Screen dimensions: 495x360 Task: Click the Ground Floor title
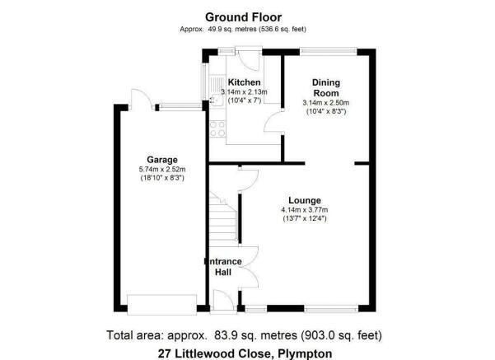[x=244, y=17]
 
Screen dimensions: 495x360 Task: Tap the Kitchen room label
[x=244, y=82]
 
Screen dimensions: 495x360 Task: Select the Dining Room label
[x=326, y=88]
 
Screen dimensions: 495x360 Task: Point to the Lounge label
[x=305, y=200]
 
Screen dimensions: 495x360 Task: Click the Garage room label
[x=162, y=160]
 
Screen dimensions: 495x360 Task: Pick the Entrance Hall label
[x=223, y=267]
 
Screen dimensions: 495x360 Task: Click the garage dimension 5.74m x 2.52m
[x=162, y=170]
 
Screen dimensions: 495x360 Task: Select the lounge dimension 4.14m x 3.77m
[x=305, y=210]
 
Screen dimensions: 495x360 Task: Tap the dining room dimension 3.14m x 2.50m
[x=326, y=103]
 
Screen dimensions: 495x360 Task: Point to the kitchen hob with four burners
[x=217, y=129]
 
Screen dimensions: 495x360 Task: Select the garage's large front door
[x=161, y=304]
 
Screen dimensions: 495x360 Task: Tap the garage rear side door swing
[x=142, y=100]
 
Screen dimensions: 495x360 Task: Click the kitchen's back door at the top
[x=249, y=60]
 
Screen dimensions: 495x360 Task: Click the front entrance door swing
[x=223, y=300]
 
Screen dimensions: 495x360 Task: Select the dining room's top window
[x=329, y=51]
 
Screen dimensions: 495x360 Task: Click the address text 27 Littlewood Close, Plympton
[x=245, y=353]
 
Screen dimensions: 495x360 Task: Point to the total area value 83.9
[x=224, y=335]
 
